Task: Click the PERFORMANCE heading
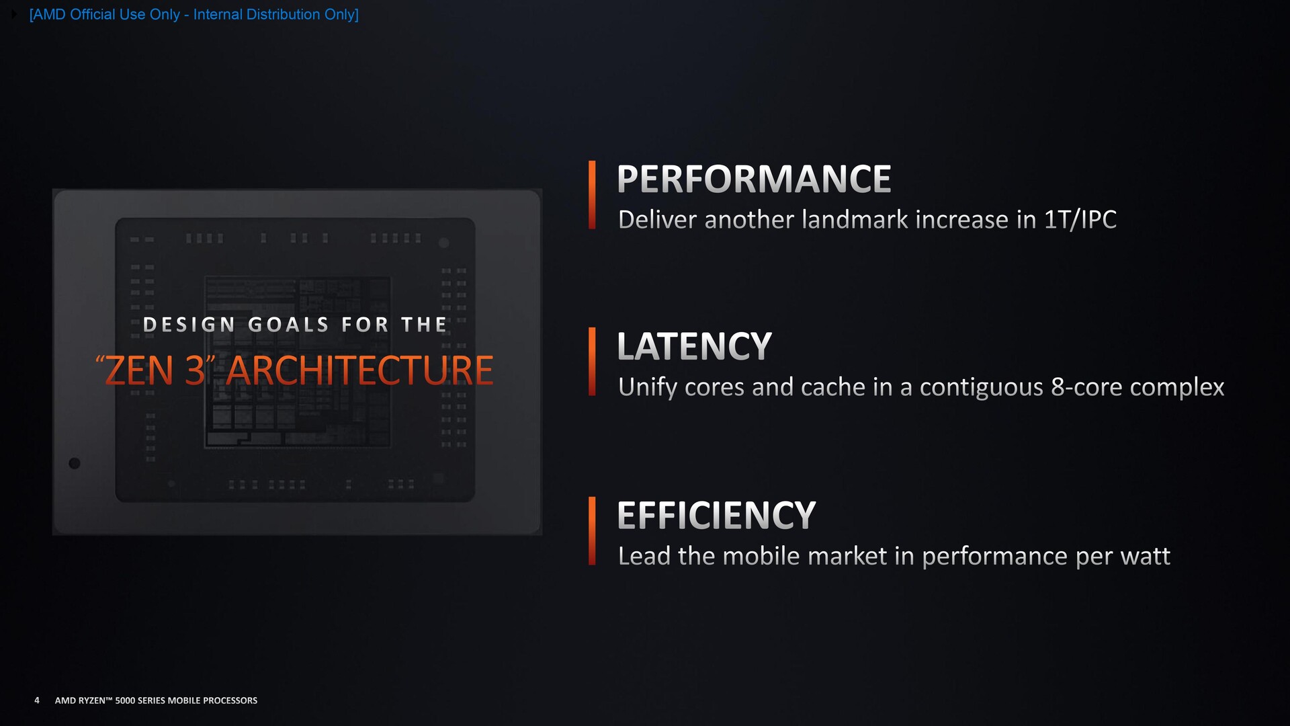tap(754, 179)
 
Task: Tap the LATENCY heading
tap(694, 346)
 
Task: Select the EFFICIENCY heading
tap(716, 516)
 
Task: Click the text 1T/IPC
tap(1080, 219)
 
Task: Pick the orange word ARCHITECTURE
tap(359, 370)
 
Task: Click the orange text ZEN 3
tap(155, 370)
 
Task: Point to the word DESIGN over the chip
tap(189, 325)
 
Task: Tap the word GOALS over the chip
tap(288, 325)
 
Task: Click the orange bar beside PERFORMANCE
tap(592, 195)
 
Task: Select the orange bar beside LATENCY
tap(592, 362)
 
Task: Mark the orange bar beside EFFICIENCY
tap(592, 531)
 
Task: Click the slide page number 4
tap(37, 700)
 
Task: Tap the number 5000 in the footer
tap(125, 700)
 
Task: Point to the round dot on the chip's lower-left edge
tap(75, 463)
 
